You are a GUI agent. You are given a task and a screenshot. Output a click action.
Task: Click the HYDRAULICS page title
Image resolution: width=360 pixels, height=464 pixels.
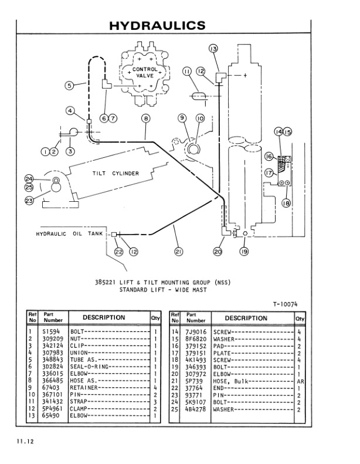click(158, 25)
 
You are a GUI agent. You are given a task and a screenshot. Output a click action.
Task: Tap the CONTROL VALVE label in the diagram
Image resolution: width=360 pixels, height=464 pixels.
click(144, 73)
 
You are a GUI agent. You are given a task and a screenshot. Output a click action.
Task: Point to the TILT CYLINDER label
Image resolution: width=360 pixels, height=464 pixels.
click(115, 173)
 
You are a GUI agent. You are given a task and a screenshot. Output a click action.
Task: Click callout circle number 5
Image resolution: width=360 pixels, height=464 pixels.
click(69, 85)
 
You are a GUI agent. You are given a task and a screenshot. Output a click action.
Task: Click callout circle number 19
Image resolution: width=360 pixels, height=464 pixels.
click(244, 253)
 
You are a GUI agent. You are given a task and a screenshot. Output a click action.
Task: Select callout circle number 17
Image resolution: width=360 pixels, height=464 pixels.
click(269, 173)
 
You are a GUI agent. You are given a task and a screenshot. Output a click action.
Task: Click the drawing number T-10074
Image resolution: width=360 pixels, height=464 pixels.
click(285, 303)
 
